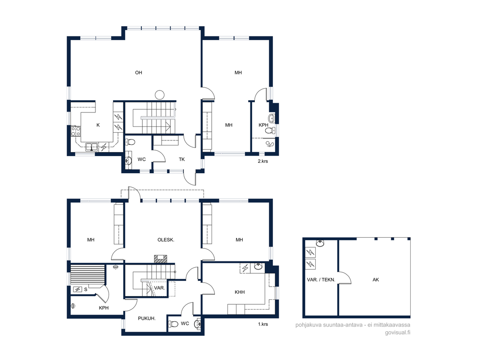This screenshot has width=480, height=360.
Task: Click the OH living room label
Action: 139,72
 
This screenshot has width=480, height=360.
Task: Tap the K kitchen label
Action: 98,125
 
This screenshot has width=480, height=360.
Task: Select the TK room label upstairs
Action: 182,159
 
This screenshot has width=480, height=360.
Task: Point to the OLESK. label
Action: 166,240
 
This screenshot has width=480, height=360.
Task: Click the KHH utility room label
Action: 240,292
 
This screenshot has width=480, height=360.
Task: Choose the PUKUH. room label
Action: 147,319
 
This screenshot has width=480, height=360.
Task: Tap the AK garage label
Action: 376,279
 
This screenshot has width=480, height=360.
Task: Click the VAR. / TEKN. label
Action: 321,279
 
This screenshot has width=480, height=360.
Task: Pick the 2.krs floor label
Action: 263,161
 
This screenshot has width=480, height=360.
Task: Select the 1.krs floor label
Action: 263,324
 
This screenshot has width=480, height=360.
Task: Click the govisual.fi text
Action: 398,333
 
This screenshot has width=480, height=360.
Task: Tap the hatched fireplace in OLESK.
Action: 161,259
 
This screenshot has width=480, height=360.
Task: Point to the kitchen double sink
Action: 91,147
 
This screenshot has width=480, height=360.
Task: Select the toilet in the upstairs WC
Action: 130,142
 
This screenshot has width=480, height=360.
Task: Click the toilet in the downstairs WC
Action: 173,324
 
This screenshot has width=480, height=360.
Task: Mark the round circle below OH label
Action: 159,95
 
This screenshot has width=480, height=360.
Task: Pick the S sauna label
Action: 86,289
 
